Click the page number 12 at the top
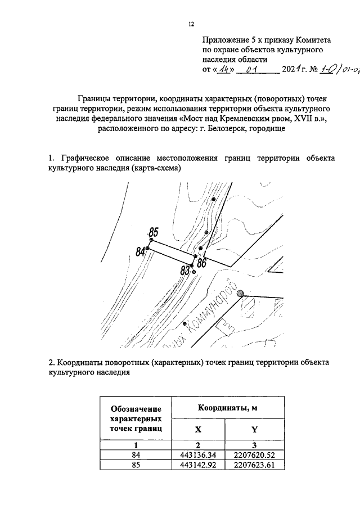click(x=191, y=24)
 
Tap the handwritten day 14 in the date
click(x=224, y=70)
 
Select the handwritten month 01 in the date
click(x=256, y=70)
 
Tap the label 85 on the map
click(x=154, y=231)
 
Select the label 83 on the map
click(x=185, y=271)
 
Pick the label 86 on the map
click(x=201, y=262)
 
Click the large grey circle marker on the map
click(x=241, y=293)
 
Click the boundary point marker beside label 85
click(x=151, y=240)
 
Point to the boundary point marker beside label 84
click(x=147, y=248)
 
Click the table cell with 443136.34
click(x=198, y=454)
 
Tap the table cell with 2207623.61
click(x=254, y=465)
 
